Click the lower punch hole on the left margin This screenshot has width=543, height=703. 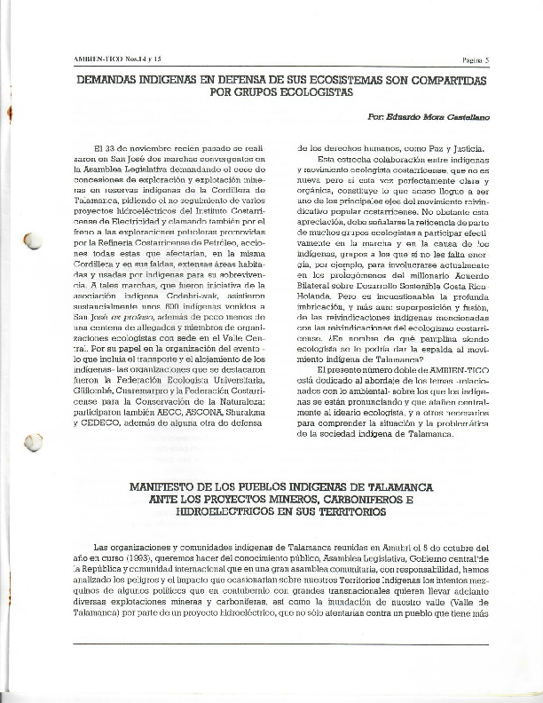click(34, 440)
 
